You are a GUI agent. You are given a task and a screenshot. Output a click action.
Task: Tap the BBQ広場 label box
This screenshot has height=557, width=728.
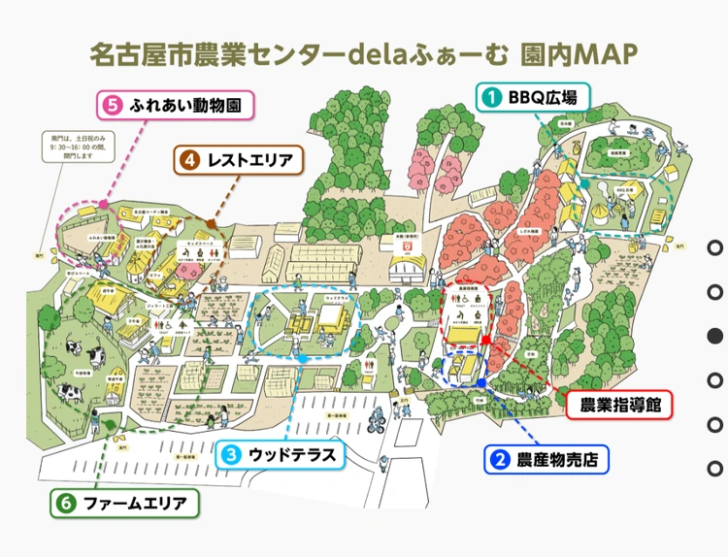point(530,96)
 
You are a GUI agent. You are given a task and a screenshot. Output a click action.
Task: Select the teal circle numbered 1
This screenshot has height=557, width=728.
point(491,96)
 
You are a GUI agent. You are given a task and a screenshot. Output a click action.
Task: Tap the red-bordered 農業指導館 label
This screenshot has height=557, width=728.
point(619,405)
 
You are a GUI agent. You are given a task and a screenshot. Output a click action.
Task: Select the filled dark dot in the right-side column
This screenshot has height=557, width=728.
point(715,336)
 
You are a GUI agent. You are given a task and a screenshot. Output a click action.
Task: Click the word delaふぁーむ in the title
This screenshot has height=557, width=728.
point(424,53)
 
